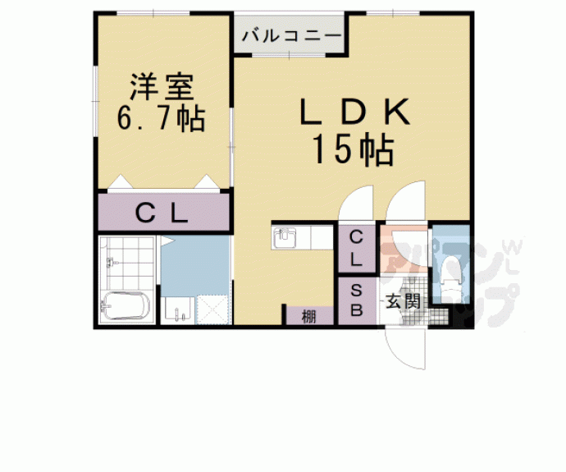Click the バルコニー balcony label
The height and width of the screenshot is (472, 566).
292,36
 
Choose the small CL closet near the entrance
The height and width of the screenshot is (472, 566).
357,248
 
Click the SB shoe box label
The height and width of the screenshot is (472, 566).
357,300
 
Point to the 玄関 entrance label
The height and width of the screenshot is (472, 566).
403,300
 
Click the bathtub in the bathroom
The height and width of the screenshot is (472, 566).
124,309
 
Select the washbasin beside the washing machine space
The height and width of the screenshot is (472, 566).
178,310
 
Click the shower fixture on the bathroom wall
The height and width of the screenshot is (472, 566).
110,263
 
